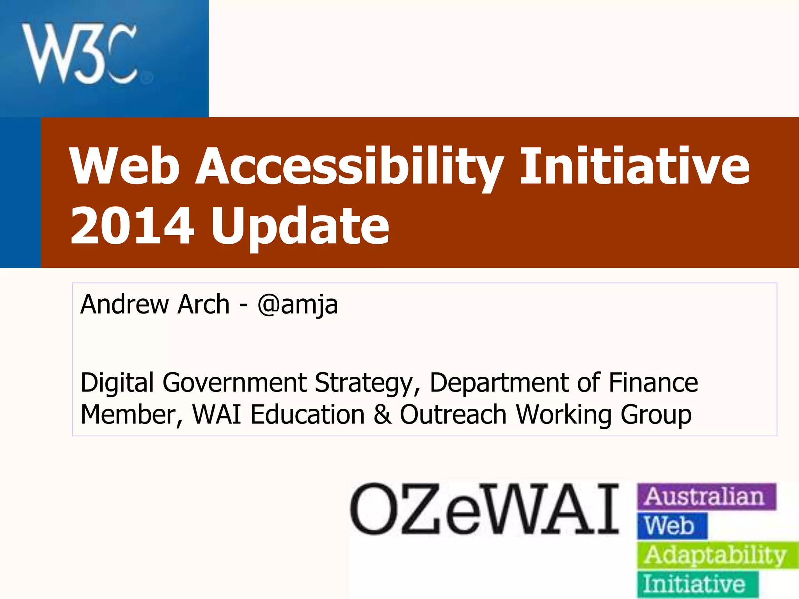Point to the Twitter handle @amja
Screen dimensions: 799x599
[297, 305]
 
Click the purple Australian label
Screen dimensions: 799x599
[707, 496]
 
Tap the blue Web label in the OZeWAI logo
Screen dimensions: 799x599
[672, 526]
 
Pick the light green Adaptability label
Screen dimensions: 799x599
[718, 555]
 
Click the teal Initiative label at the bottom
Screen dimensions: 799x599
[698, 584]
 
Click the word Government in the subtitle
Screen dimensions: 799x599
[234, 384]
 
